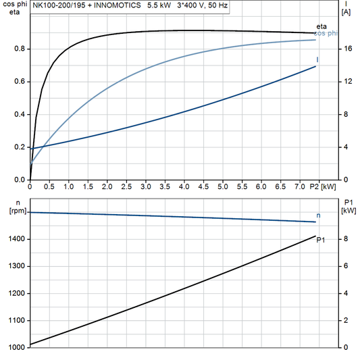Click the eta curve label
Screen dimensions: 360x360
[x=322, y=26]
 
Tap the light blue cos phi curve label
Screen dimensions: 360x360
[x=327, y=33]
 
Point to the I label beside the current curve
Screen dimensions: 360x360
[x=318, y=60]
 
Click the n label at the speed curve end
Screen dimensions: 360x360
[x=319, y=215]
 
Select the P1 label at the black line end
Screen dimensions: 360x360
[x=321, y=240]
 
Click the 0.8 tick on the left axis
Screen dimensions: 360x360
[x=19, y=49]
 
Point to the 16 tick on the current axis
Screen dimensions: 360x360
[x=346, y=49]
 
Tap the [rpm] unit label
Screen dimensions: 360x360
[x=13, y=211]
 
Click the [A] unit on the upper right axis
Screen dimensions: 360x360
[x=346, y=12]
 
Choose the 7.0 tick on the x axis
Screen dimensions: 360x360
[x=299, y=186]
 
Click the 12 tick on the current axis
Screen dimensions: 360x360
[x=346, y=82]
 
